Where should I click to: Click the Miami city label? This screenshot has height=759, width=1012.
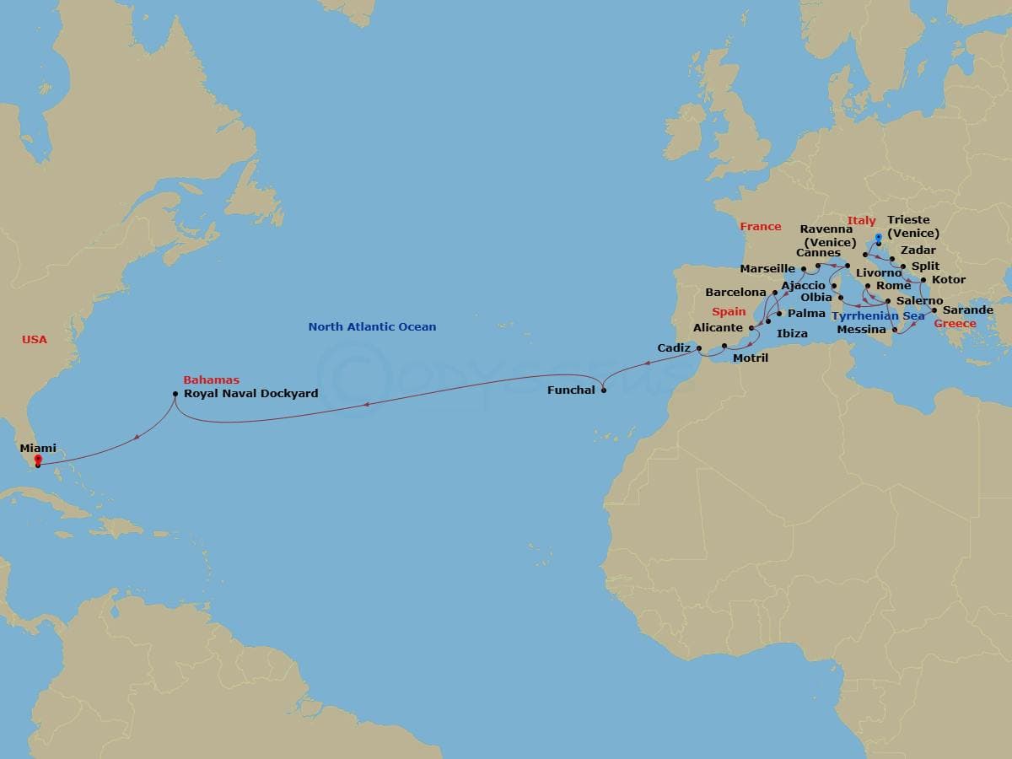tap(38, 449)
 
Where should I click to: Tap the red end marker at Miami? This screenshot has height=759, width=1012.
tap(38, 460)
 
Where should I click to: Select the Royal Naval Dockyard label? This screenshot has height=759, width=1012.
tap(250, 394)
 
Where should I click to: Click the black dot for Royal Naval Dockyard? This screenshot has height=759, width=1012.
tap(175, 394)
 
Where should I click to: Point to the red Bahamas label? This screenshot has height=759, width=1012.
tap(211, 380)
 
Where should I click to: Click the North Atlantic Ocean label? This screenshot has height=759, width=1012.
tap(372, 327)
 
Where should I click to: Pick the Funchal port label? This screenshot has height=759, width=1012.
tap(571, 390)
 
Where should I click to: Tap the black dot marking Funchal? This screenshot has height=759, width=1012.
tap(603, 390)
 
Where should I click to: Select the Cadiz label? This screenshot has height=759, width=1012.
tap(674, 348)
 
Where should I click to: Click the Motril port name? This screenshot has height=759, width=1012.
tap(751, 358)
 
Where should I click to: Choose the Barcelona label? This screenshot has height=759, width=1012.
tap(735, 293)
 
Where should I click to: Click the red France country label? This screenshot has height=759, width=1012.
tap(761, 227)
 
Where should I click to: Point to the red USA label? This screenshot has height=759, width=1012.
tap(35, 340)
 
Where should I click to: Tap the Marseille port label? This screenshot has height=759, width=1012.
tap(767, 269)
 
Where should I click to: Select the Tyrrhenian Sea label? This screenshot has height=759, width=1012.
tap(878, 316)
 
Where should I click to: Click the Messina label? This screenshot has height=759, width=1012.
tap(861, 330)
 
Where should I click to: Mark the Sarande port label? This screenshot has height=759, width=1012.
tap(967, 310)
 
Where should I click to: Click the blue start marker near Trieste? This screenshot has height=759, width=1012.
tap(878, 237)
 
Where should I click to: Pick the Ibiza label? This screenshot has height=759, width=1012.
tap(792, 334)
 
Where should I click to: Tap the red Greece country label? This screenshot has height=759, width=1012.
tap(955, 324)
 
